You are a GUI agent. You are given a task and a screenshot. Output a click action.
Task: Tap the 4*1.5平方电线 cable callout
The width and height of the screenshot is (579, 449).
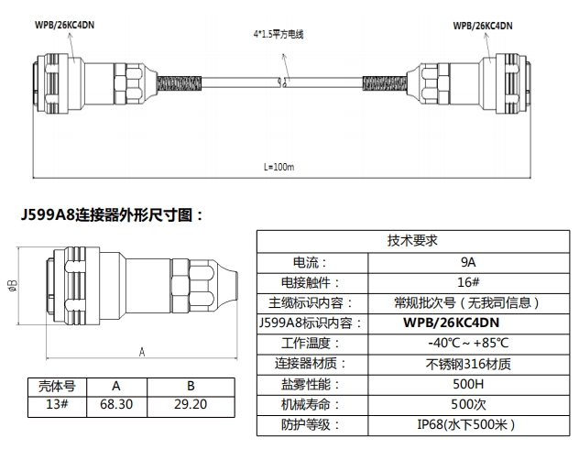pos(279,35)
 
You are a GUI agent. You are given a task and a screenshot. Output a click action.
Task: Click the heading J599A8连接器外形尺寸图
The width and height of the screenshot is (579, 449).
pos(109,215)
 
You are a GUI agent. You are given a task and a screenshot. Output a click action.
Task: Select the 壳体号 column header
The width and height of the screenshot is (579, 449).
pos(50,386)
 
